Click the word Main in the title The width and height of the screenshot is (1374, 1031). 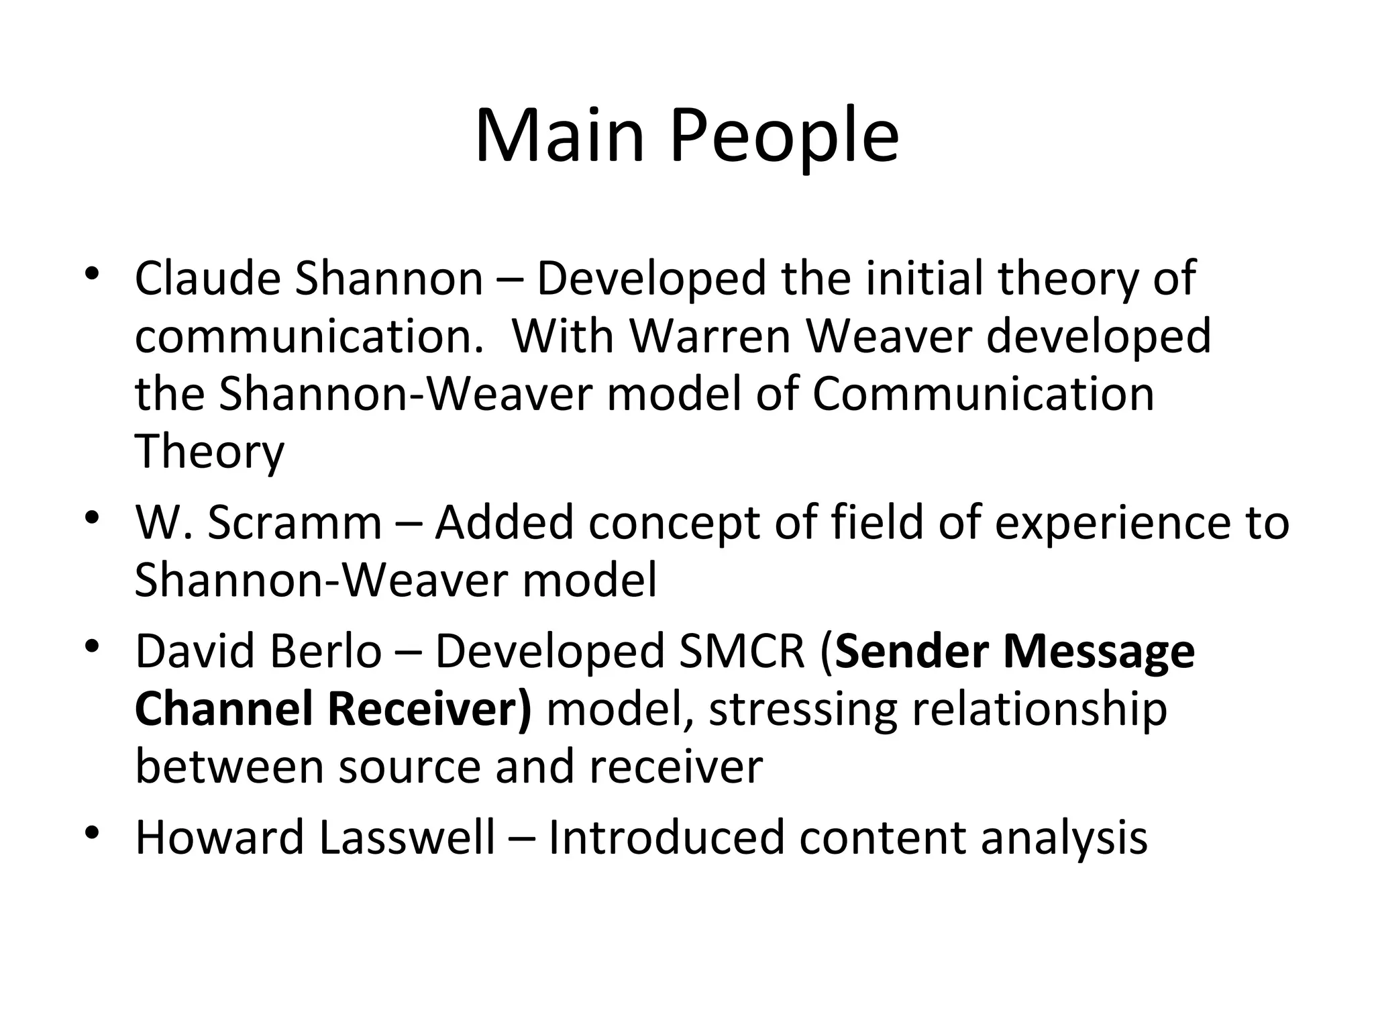[560, 136]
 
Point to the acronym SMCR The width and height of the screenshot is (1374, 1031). [741, 651]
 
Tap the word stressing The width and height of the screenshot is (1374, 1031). [802, 709]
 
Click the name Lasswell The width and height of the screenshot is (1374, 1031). [407, 838]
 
